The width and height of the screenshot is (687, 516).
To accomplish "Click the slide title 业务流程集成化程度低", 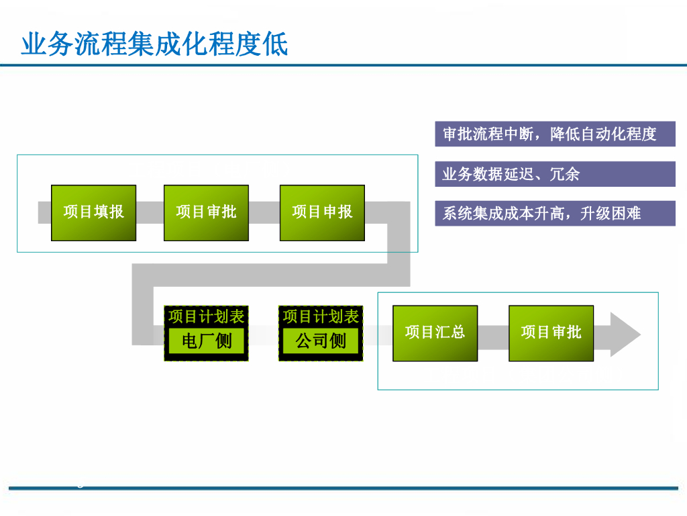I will click(x=155, y=44).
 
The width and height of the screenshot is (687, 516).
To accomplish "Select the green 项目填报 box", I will click(x=93, y=212).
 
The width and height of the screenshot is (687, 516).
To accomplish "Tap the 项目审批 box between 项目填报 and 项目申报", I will click(x=206, y=212).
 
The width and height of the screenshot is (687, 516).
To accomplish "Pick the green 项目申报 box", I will click(x=322, y=212).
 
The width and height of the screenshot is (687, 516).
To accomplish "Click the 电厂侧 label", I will click(x=206, y=341).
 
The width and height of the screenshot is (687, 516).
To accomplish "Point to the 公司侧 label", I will click(x=321, y=341).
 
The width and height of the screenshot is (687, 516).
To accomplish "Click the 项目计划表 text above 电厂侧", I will click(x=206, y=316).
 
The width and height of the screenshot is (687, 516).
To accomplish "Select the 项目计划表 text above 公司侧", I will click(x=321, y=316).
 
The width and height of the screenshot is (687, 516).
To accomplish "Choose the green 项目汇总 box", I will click(x=435, y=333).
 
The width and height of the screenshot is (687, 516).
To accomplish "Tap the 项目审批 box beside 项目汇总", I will click(x=551, y=333).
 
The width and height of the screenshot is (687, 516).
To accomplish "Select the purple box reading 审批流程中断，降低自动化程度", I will click(x=555, y=134).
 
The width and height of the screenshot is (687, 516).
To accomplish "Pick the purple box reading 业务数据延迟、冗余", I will click(x=555, y=174).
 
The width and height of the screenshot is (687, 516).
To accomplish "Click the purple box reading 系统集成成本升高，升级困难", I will click(x=555, y=213).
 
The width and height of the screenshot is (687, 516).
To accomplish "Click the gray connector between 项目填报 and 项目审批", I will click(x=150, y=212).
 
